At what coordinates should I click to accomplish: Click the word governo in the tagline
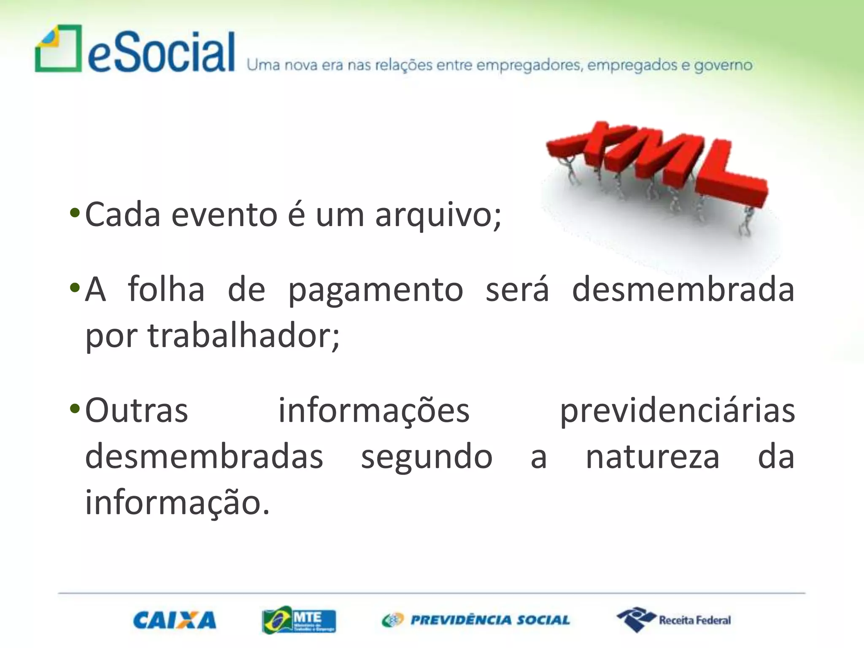point(723,65)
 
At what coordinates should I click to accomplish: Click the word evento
point(224,215)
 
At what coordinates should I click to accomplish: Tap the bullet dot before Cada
point(75,213)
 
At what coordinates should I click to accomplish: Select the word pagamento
point(375,290)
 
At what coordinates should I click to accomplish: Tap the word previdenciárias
point(677,411)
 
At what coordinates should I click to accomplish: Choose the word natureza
point(652,457)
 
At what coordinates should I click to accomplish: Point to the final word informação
point(177,503)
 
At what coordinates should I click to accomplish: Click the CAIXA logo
point(175,621)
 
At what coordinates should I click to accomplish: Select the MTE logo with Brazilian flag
point(299,620)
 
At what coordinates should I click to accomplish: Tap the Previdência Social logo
point(476,620)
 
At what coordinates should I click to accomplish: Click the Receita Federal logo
point(674,620)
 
